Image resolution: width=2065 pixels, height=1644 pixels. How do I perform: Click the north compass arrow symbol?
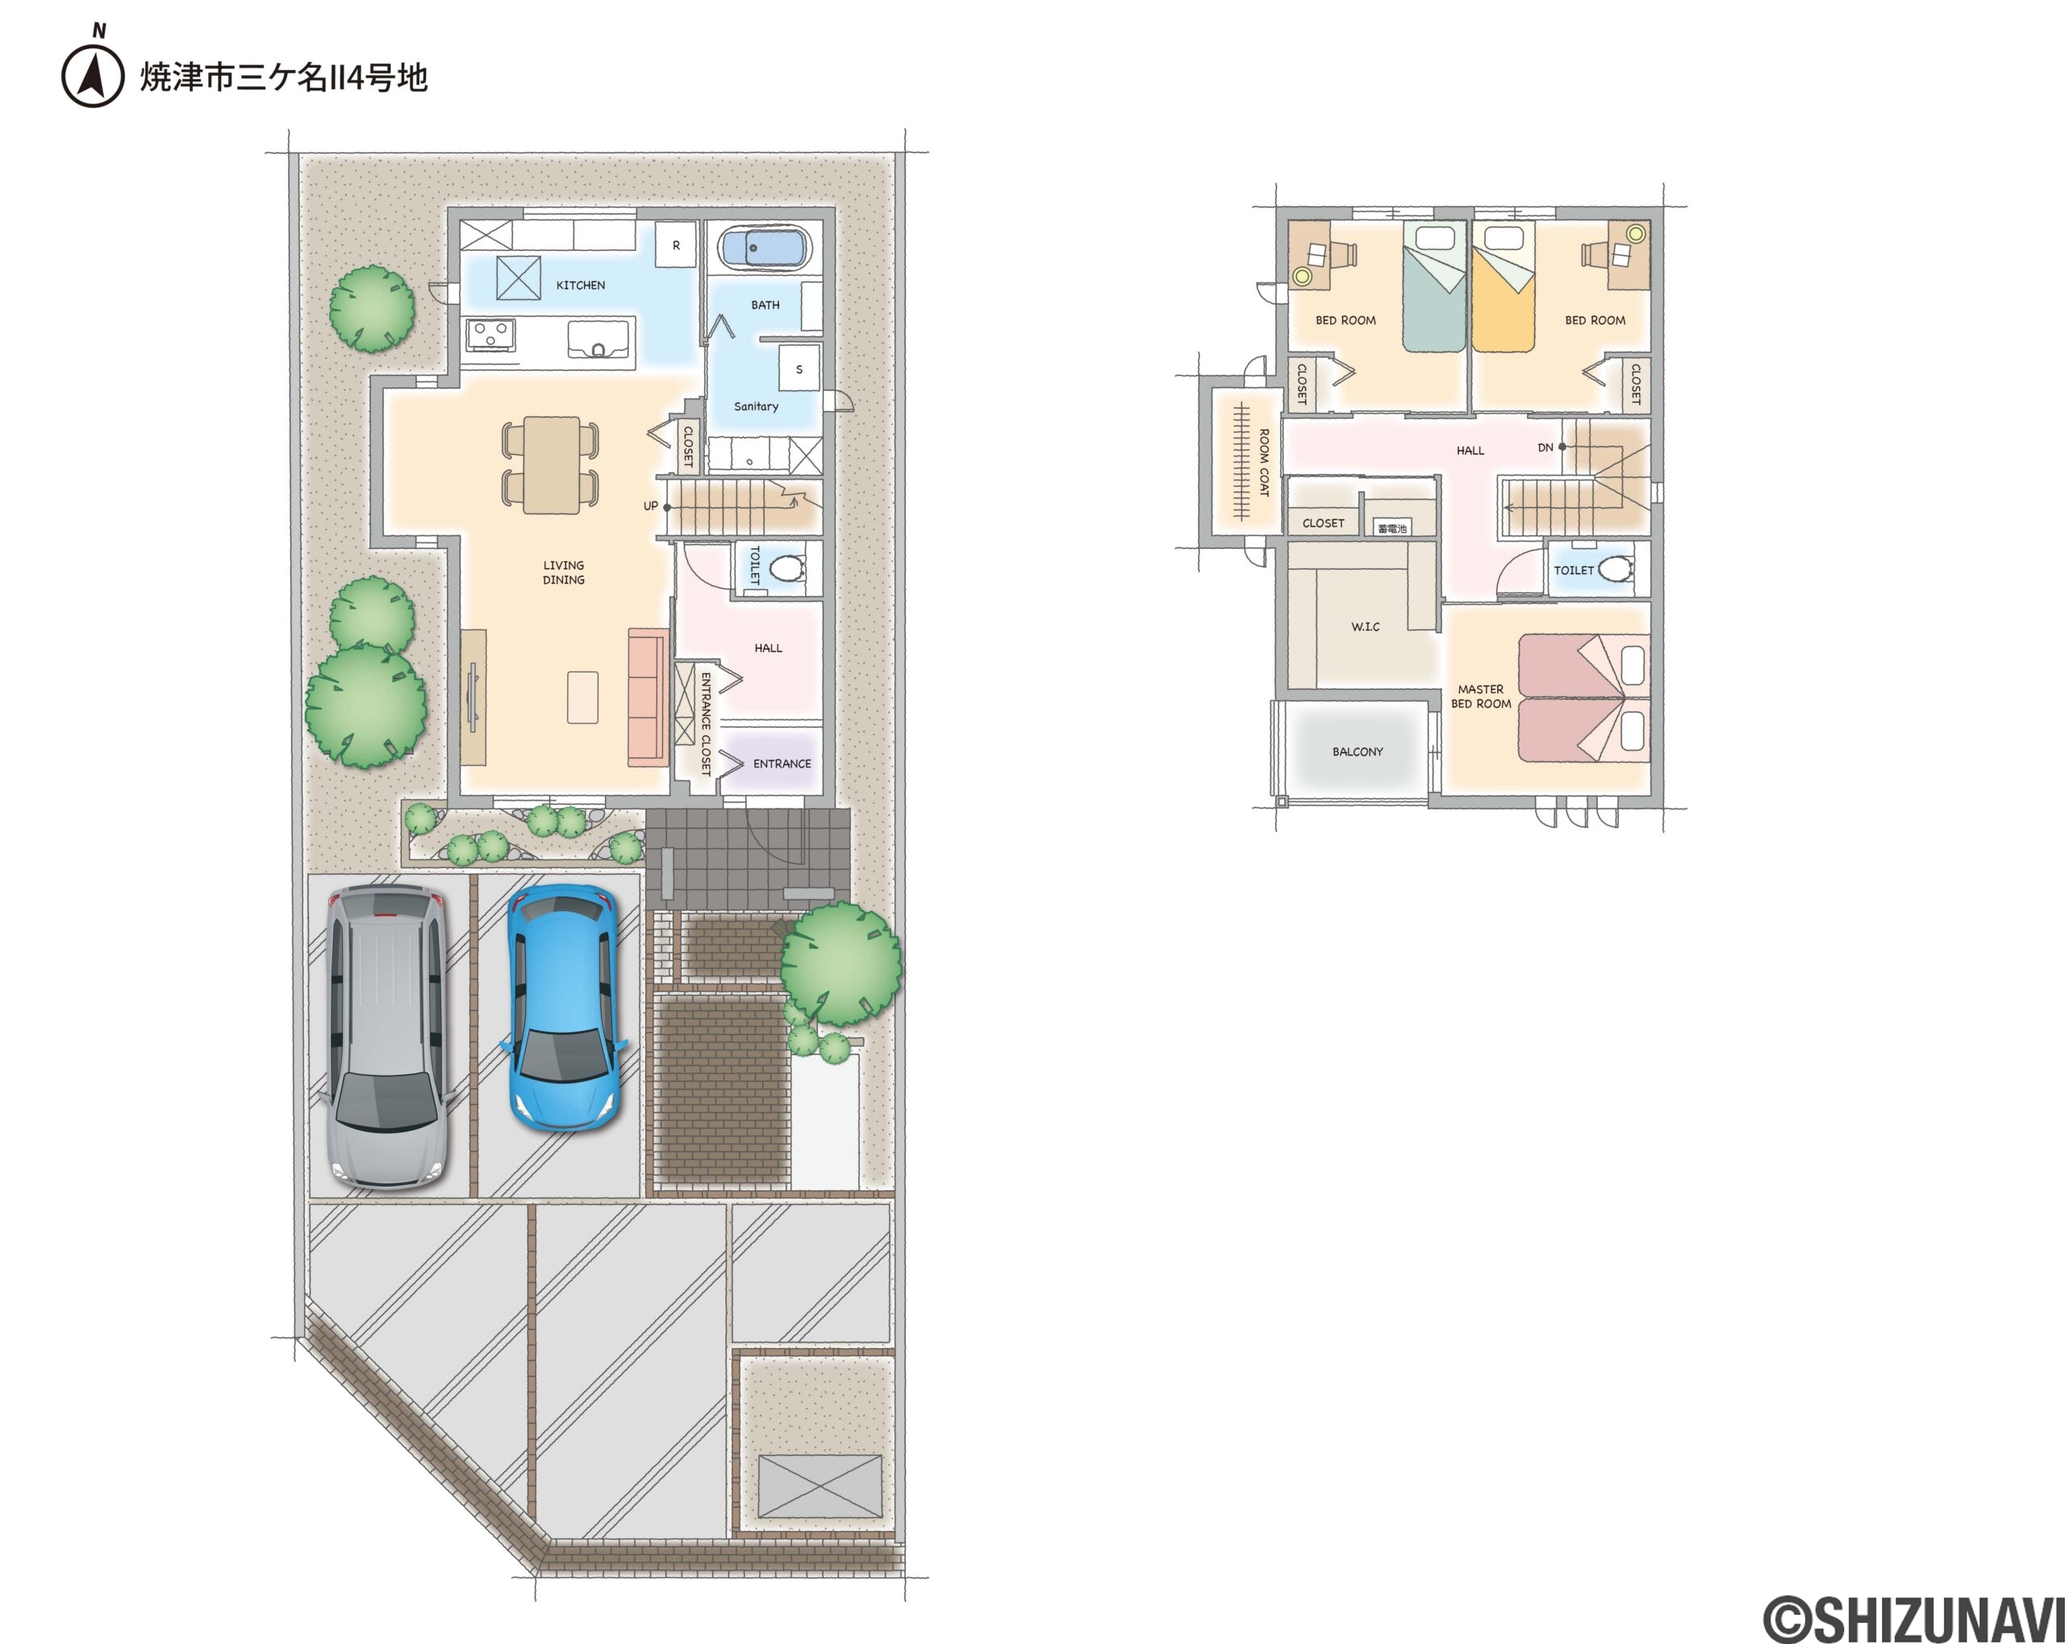coord(93,73)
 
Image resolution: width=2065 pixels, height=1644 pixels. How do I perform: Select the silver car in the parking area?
coord(386,1037)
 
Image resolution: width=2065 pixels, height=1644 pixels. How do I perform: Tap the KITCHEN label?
coord(581,285)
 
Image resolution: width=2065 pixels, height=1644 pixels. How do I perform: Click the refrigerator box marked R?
coord(676,245)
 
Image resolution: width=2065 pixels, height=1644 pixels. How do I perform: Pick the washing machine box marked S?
coord(799,368)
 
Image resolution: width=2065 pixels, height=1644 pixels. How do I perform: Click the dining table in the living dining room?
coord(552,464)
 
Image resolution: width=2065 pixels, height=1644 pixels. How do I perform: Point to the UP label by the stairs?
coord(650,506)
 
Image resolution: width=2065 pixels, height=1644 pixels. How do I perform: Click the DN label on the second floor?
coord(1545,447)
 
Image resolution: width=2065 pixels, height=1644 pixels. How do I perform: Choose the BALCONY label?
coord(1358,751)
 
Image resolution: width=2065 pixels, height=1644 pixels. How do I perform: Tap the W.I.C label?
coord(1365,626)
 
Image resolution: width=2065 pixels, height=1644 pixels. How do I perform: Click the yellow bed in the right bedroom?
coord(1504,286)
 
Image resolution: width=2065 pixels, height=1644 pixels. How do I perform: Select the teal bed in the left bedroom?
coord(1435,286)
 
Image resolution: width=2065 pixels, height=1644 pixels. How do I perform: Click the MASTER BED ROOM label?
coord(1481,696)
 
